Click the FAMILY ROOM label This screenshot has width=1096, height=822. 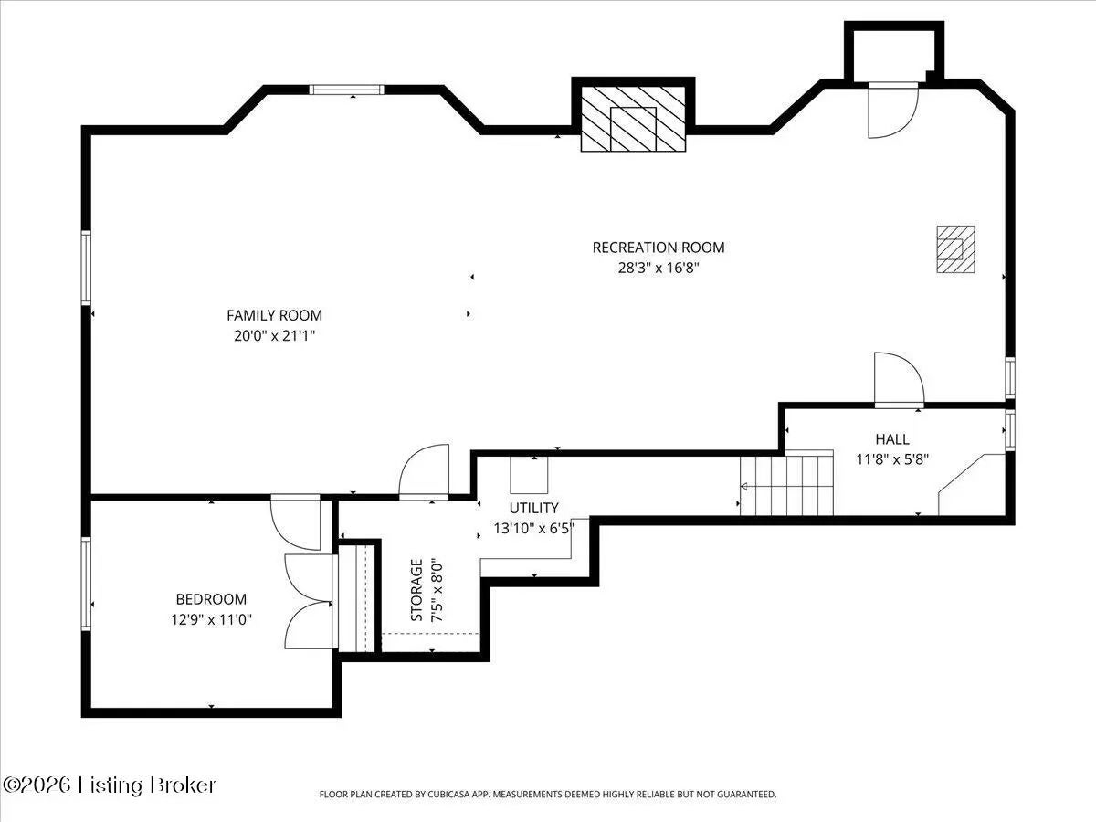tap(274, 315)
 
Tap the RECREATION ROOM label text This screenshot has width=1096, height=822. tap(659, 248)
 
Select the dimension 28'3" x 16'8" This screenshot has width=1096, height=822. tap(659, 268)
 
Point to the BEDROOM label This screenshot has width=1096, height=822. tap(211, 599)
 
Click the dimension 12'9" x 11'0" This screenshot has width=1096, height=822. tap(211, 619)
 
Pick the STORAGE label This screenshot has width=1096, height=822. tap(416, 590)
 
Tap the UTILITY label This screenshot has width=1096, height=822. tap(533, 508)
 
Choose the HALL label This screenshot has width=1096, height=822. tap(892, 439)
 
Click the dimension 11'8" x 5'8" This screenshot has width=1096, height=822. tap(892, 459)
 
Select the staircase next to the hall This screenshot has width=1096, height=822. tap(787, 482)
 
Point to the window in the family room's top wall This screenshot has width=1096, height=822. tap(346, 90)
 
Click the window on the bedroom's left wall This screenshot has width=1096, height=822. tap(87, 584)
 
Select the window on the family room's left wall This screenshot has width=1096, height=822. tap(87, 268)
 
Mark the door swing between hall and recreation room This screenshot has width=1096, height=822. tap(899, 378)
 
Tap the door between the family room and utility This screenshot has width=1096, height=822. tap(424, 471)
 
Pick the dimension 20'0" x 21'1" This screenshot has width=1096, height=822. tap(275, 336)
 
